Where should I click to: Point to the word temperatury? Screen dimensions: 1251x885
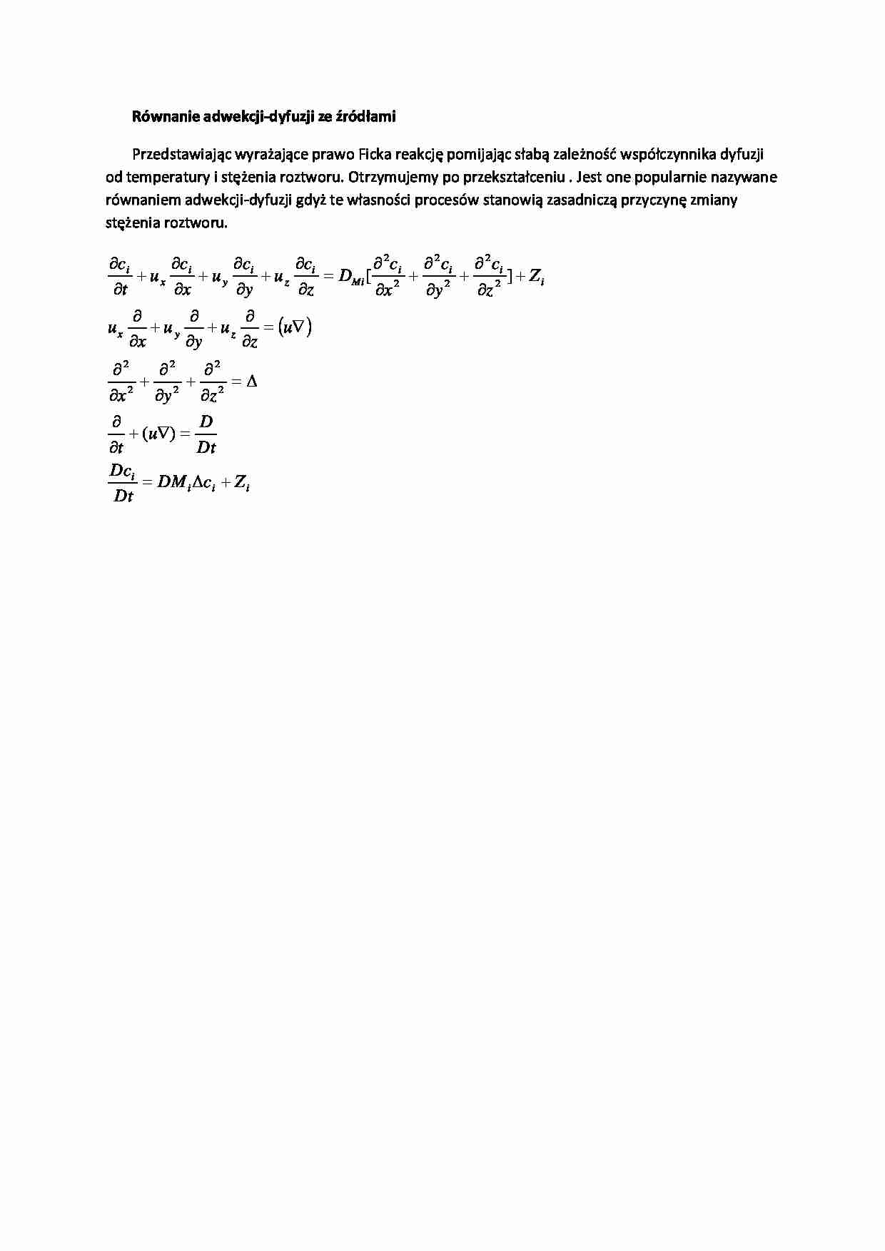point(168,177)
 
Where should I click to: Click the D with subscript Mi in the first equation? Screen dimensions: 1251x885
point(351,277)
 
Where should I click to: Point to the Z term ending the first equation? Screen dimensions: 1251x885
point(537,277)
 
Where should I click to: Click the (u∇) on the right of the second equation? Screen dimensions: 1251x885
point(294,328)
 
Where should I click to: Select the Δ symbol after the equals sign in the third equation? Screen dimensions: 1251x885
point(251,382)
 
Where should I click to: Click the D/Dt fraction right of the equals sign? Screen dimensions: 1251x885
point(206,434)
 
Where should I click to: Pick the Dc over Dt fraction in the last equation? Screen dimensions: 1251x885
point(123,483)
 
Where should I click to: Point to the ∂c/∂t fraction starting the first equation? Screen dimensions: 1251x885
point(119,277)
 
